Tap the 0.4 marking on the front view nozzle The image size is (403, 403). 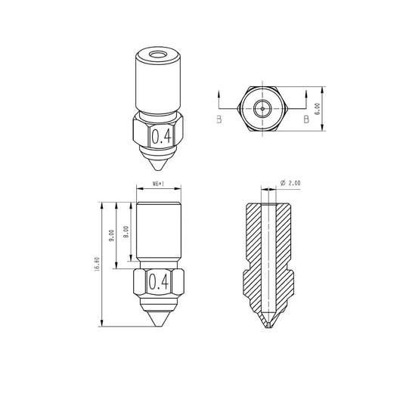point(159,282)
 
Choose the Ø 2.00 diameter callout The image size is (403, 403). point(290,183)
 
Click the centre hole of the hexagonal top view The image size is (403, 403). point(262,108)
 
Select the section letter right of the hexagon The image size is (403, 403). point(306,119)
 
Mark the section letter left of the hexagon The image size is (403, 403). point(219,119)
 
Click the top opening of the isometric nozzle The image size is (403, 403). point(159,54)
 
